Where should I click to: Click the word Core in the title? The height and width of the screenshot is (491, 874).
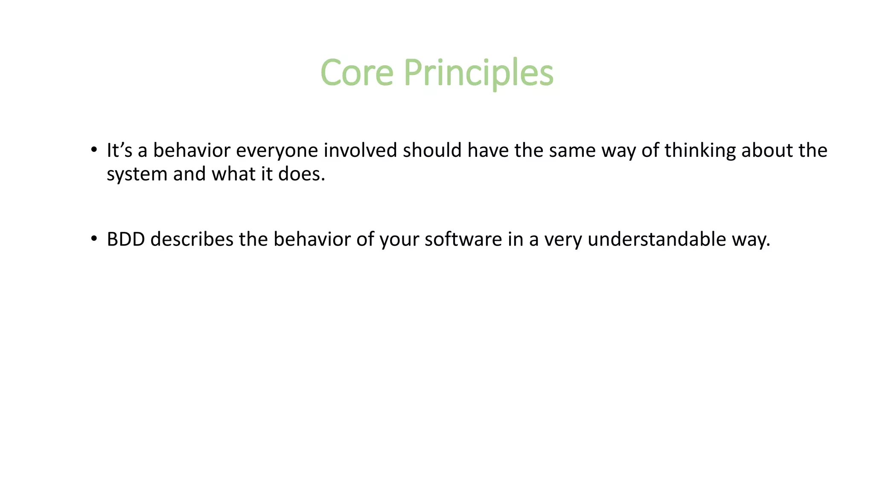pyautogui.click(x=357, y=73)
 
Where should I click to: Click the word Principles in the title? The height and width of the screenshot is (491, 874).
pyautogui.click(x=478, y=73)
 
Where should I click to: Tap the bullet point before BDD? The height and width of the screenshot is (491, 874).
pyautogui.click(x=93, y=239)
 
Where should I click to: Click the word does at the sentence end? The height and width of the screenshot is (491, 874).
pyautogui.click(x=301, y=174)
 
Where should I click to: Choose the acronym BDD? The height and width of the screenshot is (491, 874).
pyautogui.click(x=126, y=240)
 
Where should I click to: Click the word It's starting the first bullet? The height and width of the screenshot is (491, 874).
pyautogui.click(x=119, y=150)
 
